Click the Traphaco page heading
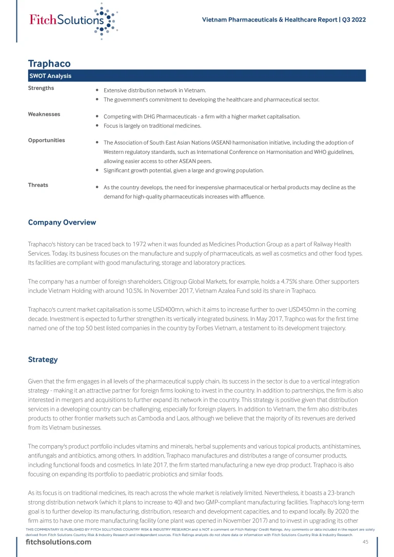point(49,64)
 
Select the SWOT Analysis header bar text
point(50,76)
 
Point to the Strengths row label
point(41,88)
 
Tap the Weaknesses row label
point(44,114)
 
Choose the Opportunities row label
point(46,140)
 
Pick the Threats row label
point(38,185)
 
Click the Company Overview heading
point(62,223)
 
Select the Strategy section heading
point(43,360)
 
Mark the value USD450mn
point(285,310)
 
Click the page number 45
point(366,542)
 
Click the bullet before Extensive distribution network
point(97,90)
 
